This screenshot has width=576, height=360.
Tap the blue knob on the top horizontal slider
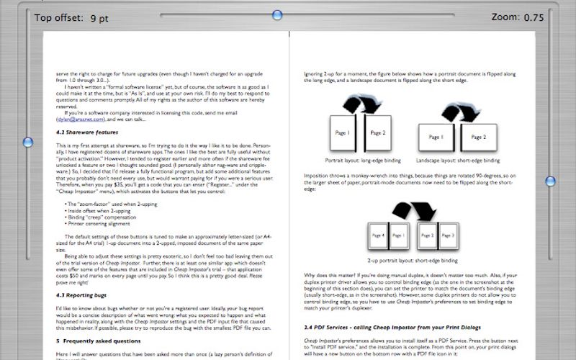[x=289, y=14]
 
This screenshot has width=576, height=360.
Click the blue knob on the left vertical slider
[x=27, y=142]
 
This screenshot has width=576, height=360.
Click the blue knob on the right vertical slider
[x=550, y=181]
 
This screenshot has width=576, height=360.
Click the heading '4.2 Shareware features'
[x=87, y=132]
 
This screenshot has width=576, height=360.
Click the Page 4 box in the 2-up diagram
[x=377, y=235]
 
